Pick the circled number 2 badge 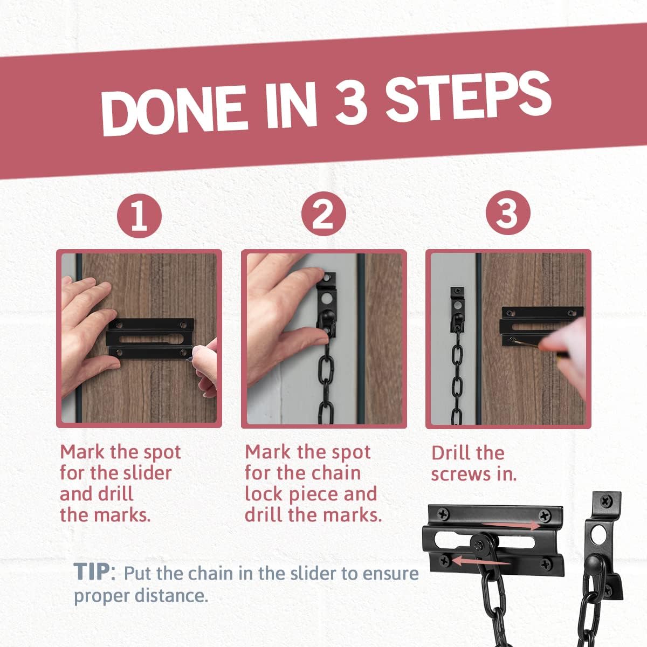point(323,215)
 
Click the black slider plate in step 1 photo point(149,339)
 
